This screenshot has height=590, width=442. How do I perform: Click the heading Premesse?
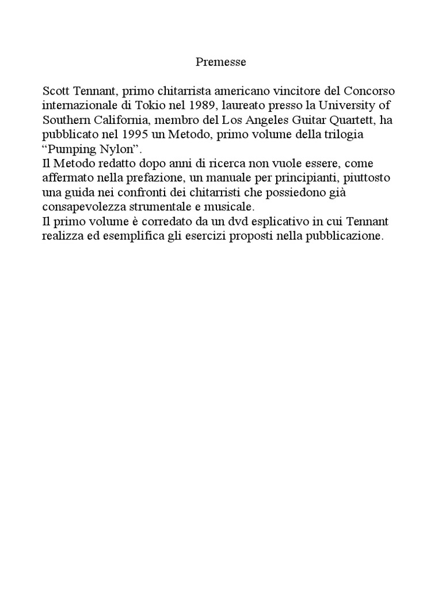[221, 62]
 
